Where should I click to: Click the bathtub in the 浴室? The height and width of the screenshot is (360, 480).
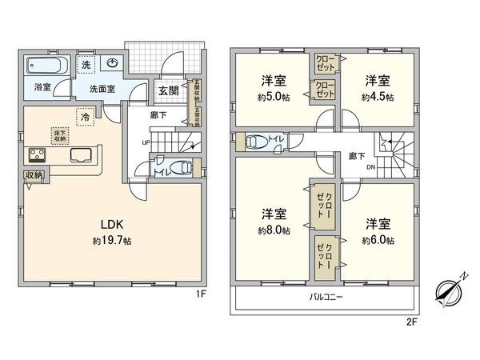coord(47,66)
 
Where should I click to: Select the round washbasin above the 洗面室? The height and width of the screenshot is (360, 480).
coord(114,64)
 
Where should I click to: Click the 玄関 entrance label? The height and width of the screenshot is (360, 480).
coord(168,90)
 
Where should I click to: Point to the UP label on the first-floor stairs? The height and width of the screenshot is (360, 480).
coord(145,144)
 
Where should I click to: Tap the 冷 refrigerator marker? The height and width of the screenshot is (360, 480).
coord(86,117)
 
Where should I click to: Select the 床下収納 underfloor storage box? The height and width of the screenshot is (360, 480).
coord(60,135)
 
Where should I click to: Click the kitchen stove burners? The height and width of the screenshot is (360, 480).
coord(37,154)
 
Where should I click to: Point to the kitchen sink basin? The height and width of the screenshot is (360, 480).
coord(81,154)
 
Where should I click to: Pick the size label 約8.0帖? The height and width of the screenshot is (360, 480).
coord(274,230)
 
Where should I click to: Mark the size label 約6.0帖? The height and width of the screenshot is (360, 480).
coord(376,239)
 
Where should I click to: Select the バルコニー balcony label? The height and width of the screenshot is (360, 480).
coord(326,298)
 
